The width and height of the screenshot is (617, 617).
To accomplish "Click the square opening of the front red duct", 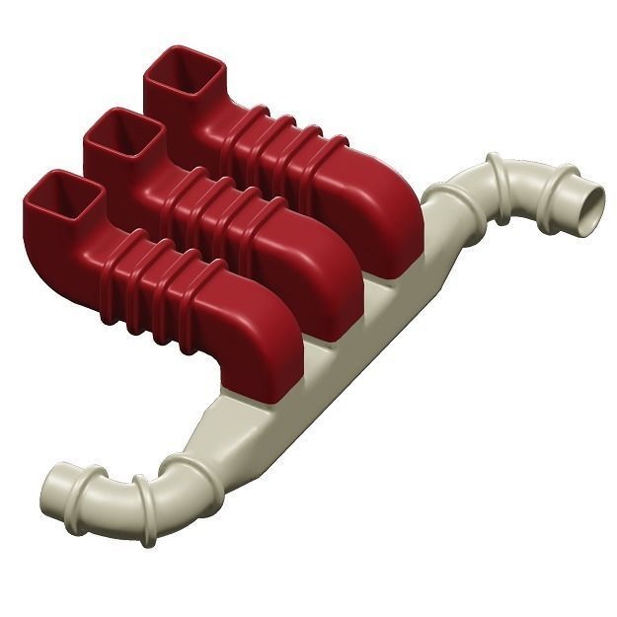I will [x=61, y=196].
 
